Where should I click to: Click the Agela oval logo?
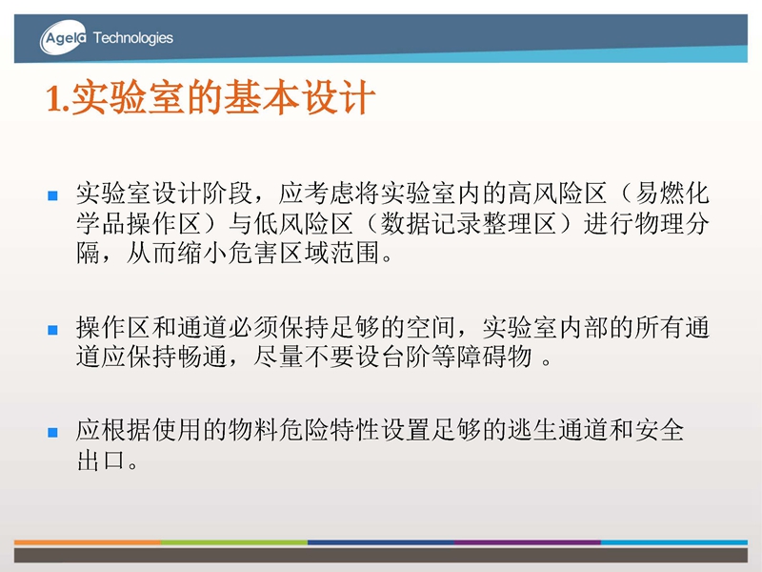(63, 37)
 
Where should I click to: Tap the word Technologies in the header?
(133, 38)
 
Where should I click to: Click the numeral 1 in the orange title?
(54, 98)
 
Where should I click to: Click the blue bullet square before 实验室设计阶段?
(53, 195)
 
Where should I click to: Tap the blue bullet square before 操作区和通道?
(53, 330)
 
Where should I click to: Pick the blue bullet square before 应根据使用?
(53, 433)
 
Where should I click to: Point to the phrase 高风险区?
(558, 194)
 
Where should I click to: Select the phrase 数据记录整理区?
(469, 224)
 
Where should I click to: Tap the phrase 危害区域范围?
(304, 253)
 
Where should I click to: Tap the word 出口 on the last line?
(101, 460)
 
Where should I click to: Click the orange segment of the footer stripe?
(88, 542)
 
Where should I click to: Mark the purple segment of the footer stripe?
(528, 542)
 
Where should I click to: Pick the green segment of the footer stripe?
(234, 542)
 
